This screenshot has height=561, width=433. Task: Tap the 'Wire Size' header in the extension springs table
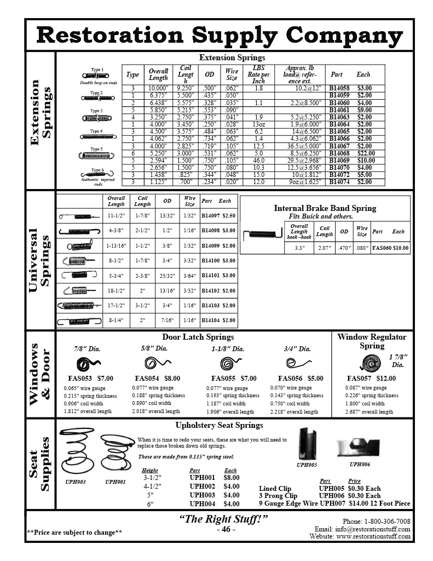(x=232, y=75)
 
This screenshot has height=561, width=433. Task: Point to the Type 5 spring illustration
(x=96, y=156)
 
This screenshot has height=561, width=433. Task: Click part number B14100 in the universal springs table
(x=211, y=261)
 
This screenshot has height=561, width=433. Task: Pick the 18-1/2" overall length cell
(x=116, y=290)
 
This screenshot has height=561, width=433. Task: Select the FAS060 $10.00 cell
(x=390, y=248)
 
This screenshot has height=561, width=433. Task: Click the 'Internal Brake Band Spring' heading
(x=325, y=208)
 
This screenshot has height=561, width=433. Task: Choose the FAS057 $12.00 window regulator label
(x=371, y=379)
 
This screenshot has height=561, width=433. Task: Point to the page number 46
(x=226, y=530)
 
